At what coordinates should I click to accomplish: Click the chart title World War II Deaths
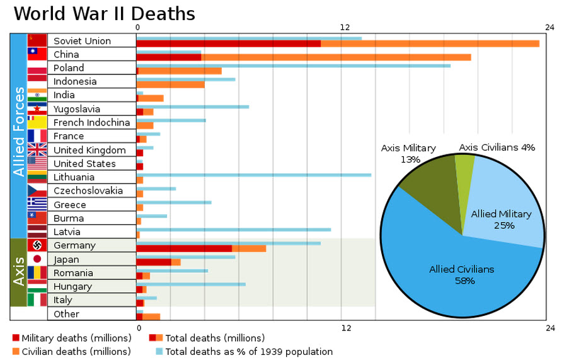point(104,14)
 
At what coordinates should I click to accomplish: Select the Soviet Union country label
point(82,41)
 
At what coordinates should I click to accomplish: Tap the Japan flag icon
point(37,259)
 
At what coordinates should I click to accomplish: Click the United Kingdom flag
point(37,150)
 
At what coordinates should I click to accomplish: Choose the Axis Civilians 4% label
point(497,148)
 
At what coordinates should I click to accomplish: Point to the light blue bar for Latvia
point(234,229)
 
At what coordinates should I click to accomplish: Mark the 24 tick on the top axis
point(550,27)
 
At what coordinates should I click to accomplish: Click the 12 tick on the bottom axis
point(345,328)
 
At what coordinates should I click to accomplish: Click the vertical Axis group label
point(19,271)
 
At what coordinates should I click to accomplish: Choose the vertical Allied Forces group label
point(19,132)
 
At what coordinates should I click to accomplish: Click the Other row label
point(66,314)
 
